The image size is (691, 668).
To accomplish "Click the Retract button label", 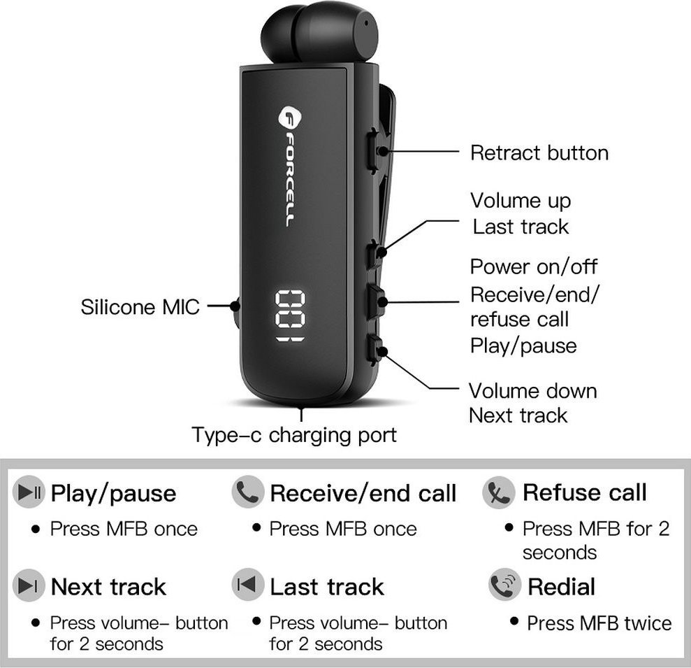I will [539, 153].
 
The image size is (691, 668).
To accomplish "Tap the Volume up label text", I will [521, 201].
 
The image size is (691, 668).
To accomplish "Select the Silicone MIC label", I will [140, 306].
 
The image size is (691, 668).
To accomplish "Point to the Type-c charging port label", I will [294, 435].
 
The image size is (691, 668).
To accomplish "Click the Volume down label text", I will [532, 390].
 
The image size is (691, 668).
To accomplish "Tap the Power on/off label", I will [534, 267].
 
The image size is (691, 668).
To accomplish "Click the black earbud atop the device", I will [318, 35].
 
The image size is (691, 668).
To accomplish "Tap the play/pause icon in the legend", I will [30, 492].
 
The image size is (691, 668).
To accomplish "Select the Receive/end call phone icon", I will [247, 492].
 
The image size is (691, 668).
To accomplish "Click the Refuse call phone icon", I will [498, 492].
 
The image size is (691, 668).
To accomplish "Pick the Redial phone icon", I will [504, 586].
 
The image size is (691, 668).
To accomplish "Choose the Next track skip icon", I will [29, 585].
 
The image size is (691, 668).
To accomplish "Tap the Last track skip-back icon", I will [247, 585].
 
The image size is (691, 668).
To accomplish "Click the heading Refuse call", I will [584, 492].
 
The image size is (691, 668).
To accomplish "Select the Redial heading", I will [561, 586].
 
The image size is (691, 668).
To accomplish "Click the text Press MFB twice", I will [599, 623].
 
